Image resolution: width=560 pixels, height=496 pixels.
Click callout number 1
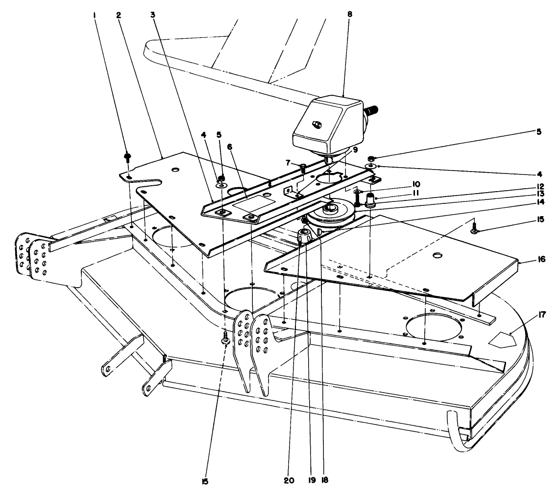click(95, 15)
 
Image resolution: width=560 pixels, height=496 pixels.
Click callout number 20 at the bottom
click(289, 481)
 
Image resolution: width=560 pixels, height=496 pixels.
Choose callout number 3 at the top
click(153, 15)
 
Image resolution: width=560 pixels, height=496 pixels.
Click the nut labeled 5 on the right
click(371, 159)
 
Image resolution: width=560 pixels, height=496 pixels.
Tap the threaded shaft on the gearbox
click(374, 108)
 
